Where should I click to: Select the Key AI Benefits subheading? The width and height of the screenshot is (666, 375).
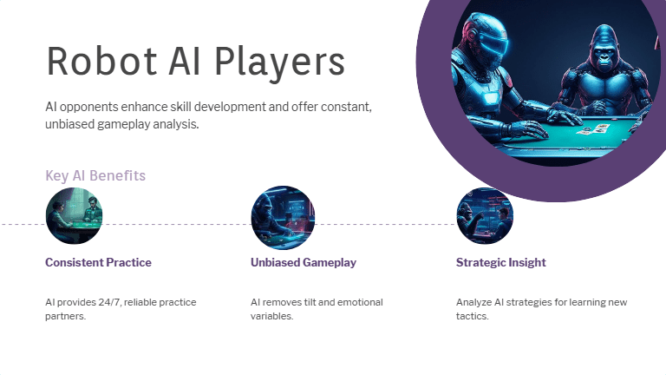click(95, 176)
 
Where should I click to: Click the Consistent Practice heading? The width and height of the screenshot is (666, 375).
click(98, 262)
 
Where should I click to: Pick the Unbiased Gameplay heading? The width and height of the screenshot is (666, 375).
click(304, 262)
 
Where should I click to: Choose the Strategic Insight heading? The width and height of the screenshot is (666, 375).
click(501, 262)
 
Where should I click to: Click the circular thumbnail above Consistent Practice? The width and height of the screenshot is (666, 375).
click(74, 216)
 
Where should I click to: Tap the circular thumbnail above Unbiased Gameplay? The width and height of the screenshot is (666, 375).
click(283, 216)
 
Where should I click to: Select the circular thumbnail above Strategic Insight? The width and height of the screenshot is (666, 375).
click(485, 216)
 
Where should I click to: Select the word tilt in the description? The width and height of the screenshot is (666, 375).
click(322, 302)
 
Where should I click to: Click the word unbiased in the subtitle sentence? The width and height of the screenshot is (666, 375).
click(73, 124)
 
